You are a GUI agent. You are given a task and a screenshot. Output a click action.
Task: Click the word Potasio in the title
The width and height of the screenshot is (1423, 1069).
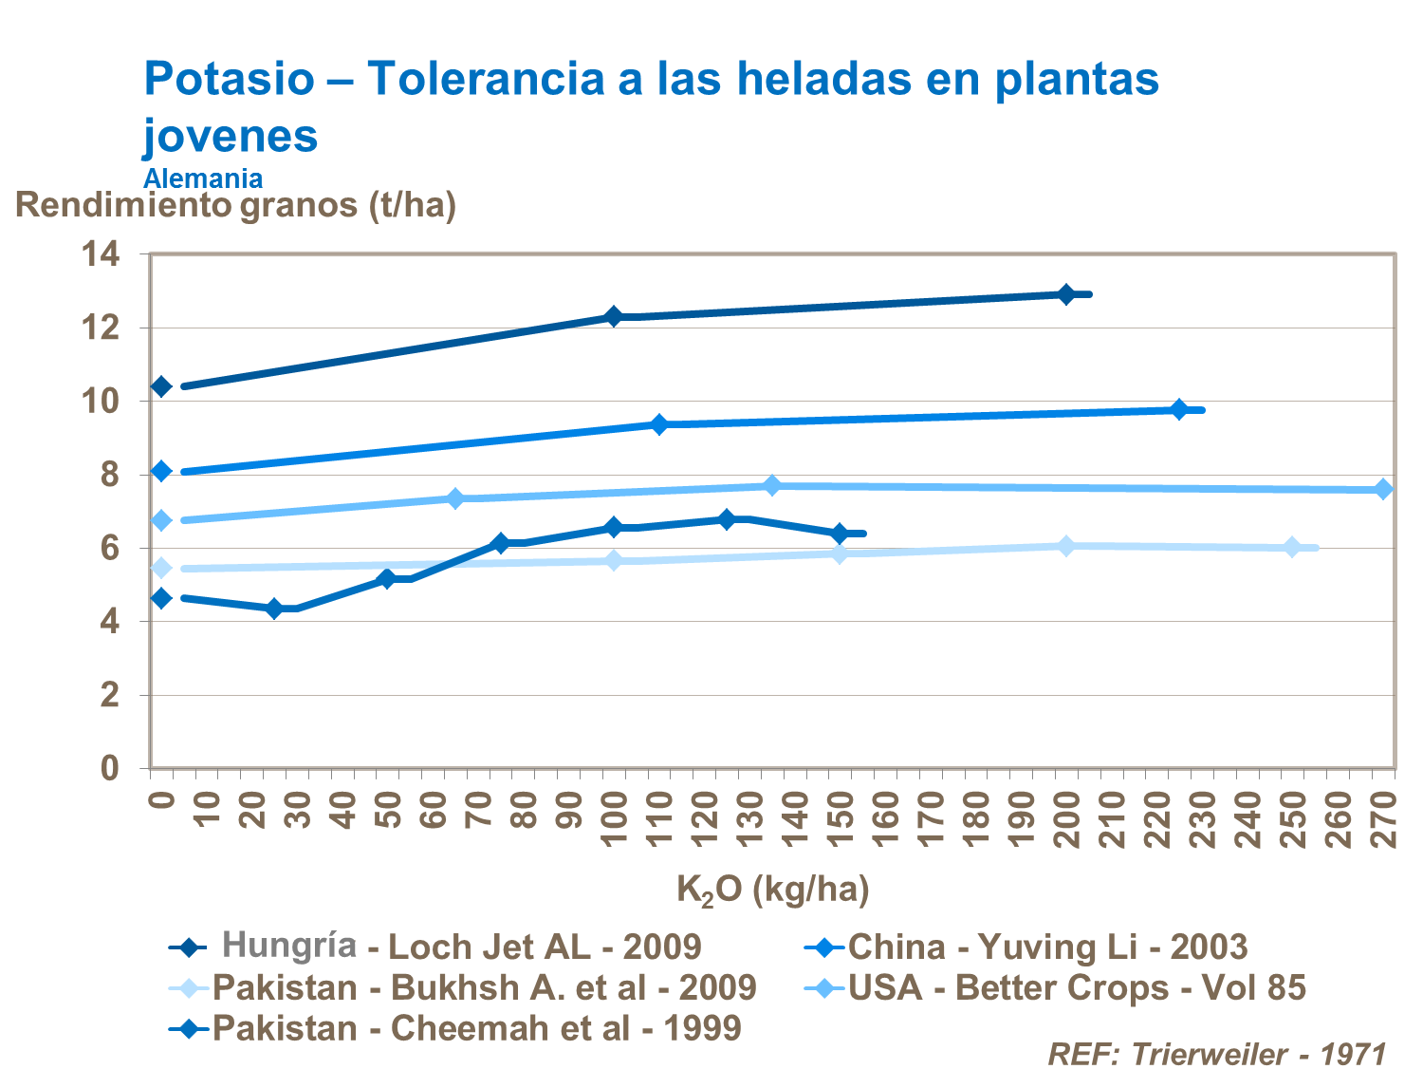pyautogui.click(x=229, y=79)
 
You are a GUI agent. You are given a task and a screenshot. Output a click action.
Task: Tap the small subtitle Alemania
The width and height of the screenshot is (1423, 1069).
pyautogui.click(x=202, y=178)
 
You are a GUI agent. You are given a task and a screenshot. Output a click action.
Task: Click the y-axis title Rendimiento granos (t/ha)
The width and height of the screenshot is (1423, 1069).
pyautogui.click(x=235, y=205)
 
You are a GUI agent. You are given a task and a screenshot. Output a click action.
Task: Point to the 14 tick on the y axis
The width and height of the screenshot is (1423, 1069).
pyautogui.click(x=101, y=254)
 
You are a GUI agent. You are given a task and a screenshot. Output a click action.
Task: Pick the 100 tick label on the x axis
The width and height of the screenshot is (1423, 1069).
pyautogui.click(x=614, y=817)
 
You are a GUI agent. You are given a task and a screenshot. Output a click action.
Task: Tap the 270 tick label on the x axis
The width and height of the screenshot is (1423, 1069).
pyautogui.click(x=1384, y=817)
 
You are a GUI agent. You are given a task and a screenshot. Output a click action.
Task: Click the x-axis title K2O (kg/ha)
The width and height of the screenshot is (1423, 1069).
pyautogui.click(x=772, y=890)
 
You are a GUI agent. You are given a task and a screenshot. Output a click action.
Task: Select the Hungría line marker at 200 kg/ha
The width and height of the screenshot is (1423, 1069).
pyautogui.click(x=1066, y=294)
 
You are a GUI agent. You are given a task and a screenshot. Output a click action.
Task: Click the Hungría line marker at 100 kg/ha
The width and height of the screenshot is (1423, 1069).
pyautogui.click(x=614, y=316)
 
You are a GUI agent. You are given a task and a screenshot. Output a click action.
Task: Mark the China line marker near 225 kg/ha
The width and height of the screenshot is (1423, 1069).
pyautogui.click(x=1179, y=409)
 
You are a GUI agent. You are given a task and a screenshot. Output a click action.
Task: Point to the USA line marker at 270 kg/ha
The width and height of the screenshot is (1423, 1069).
pyautogui.click(x=1384, y=489)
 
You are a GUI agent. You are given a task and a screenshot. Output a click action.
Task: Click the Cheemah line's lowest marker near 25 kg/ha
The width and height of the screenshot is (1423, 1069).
pyautogui.click(x=275, y=609)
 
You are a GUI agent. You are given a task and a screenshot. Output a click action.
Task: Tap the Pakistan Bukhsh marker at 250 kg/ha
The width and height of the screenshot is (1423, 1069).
pyautogui.click(x=1292, y=547)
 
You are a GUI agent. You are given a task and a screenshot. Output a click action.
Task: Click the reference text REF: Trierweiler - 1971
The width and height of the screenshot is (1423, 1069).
pyautogui.click(x=1217, y=1054)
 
